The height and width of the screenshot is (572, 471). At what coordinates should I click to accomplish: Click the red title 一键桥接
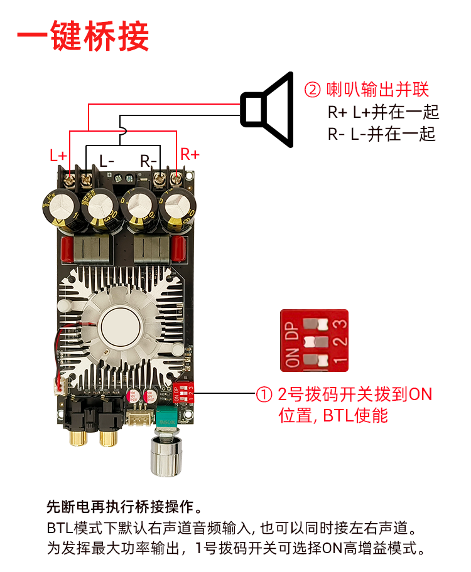pos(83,36)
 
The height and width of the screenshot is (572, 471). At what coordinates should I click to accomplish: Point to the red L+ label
pos(58,156)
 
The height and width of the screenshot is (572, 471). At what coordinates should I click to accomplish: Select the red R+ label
pos(190,154)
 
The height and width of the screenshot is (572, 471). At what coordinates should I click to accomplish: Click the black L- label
pos(107,161)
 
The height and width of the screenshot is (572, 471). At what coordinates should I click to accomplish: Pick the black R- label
pos(148,161)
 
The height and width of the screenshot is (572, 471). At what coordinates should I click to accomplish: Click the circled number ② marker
pos(312,90)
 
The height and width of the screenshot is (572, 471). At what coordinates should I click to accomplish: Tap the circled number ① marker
pos(264,395)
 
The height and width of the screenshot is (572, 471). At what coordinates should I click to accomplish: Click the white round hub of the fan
pos(117,325)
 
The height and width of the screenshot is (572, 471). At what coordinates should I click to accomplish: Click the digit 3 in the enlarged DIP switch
pos(340,324)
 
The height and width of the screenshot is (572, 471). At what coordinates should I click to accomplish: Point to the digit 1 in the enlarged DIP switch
pos(340,361)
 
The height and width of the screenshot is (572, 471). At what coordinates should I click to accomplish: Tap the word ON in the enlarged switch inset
pos(292,357)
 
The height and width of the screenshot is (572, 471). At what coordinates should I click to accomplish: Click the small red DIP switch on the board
pos(182,394)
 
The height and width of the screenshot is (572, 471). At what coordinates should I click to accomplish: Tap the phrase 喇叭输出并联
pos(377,90)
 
